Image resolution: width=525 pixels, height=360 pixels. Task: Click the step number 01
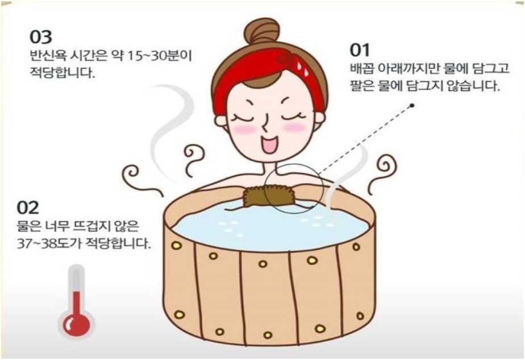(x=360, y=50)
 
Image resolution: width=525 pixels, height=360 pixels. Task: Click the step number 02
(x=28, y=208)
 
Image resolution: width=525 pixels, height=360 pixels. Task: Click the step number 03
(x=41, y=37)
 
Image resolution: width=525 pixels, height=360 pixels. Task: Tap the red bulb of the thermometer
(x=77, y=324)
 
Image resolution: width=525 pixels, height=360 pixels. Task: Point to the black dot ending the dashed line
(x=412, y=106)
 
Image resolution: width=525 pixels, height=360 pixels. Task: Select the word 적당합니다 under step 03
(x=63, y=73)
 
